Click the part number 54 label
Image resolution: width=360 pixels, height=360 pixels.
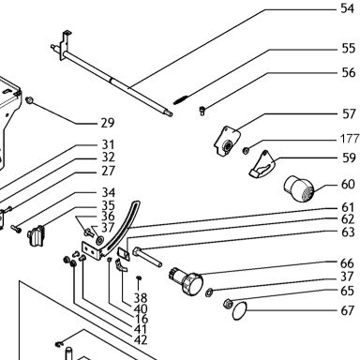point(348,8)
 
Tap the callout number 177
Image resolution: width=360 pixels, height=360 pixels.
point(350,139)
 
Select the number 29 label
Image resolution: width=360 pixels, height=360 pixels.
point(108,123)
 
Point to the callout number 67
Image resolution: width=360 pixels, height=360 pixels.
point(348,310)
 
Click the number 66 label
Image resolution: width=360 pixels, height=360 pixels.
point(347,263)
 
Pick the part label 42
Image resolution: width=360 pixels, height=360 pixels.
point(141,339)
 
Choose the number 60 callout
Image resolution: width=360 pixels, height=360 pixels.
point(348,185)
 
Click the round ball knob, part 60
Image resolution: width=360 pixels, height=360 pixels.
point(298,188)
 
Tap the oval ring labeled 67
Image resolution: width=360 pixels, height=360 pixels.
point(240,311)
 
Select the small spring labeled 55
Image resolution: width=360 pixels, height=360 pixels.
point(181,98)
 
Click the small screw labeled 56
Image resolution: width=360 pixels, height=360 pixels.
point(202,111)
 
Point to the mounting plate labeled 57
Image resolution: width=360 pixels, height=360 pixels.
point(227,141)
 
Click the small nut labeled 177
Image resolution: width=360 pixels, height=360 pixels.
point(246,151)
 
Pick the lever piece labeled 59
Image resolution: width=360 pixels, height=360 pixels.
point(262,165)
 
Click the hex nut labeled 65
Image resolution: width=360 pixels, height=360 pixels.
point(228,303)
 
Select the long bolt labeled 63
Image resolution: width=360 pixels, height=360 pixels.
point(147,257)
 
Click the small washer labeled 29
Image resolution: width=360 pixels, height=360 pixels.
point(30,100)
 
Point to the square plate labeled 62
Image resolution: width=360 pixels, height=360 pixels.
point(124,253)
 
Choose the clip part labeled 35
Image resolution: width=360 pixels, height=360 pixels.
point(37,236)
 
